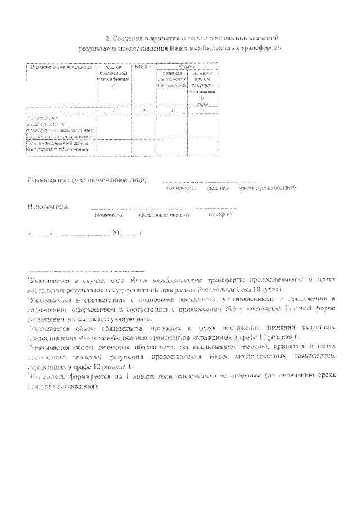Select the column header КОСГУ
[145, 67]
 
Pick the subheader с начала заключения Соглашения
[172, 79]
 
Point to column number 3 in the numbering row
[145, 111]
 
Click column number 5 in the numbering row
[202, 111]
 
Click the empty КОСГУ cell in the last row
[145, 146]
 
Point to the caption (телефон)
[220, 214]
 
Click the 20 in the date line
[115, 233]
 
